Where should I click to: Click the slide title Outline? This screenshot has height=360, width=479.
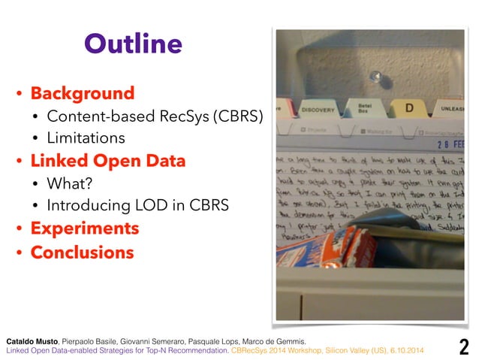(x=133, y=44)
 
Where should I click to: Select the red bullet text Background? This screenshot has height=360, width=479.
(x=82, y=94)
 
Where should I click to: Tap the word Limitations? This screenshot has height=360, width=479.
(x=86, y=138)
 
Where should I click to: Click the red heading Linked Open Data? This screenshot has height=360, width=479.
(x=107, y=161)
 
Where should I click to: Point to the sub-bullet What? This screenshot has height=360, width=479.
(x=69, y=183)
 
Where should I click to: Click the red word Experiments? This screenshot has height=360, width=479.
(x=84, y=228)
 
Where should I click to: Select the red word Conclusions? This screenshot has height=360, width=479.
(x=82, y=252)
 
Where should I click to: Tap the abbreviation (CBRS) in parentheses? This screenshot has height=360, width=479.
(x=237, y=116)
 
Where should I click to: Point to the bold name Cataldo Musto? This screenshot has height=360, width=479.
(x=32, y=340)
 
